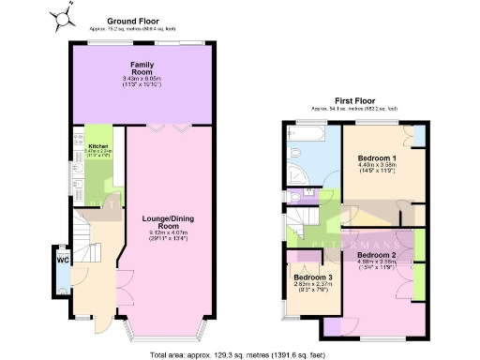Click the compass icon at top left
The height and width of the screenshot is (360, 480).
(x=63, y=15)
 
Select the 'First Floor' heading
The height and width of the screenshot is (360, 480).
(x=355, y=100)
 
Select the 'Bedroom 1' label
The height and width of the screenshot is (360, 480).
(x=377, y=159)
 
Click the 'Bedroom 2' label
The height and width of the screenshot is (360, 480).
(x=377, y=254)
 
